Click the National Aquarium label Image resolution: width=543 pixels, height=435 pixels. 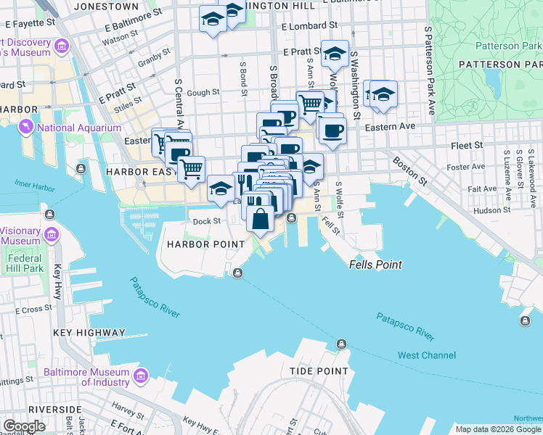pos(79,128)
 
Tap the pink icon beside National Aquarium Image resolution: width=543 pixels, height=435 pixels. pos(27,128)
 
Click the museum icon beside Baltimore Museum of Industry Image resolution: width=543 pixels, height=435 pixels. pos(141,376)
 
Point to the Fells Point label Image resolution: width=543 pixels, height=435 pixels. pos(375,265)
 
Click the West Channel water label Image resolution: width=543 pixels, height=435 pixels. pos(427,355)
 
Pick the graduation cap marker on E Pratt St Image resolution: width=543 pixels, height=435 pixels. pos(335,54)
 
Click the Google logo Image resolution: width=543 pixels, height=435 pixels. pos(25,426)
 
